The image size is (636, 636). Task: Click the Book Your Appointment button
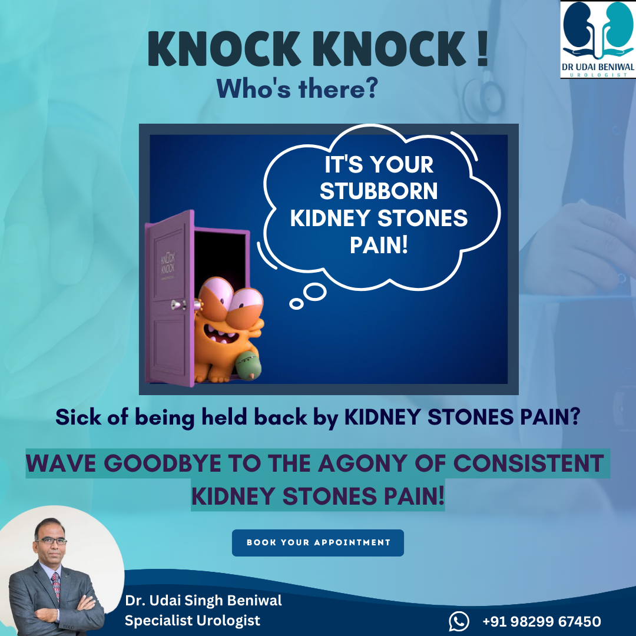pyautogui.click(x=317, y=543)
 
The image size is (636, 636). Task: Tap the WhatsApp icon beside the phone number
pyautogui.click(x=459, y=621)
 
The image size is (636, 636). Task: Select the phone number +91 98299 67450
pyautogui.click(x=542, y=621)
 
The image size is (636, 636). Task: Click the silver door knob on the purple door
pyautogui.click(x=178, y=304)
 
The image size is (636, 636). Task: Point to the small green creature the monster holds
pyautogui.click(x=248, y=366)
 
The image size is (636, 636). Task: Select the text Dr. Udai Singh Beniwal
pyautogui.click(x=203, y=600)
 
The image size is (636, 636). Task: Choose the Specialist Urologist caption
pyautogui.click(x=192, y=621)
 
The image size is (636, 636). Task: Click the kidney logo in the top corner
pyautogui.click(x=598, y=39)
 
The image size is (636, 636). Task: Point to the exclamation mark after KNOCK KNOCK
pyautogui.click(x=482, y=48)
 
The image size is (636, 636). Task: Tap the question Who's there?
pyautogui.click(x=297, y=88)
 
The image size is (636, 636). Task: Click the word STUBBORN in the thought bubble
pyautogui.click(x=379, y=191)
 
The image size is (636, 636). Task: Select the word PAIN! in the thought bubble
pyautogui.click(x=379, y=245)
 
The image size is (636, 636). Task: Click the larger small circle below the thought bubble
pyautogui.click(x=314, y=292)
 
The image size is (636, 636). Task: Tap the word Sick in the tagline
pyautogui.click(x=78, y=417)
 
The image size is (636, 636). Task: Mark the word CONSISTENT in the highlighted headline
pyautogui.click(x=528, y=463)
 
